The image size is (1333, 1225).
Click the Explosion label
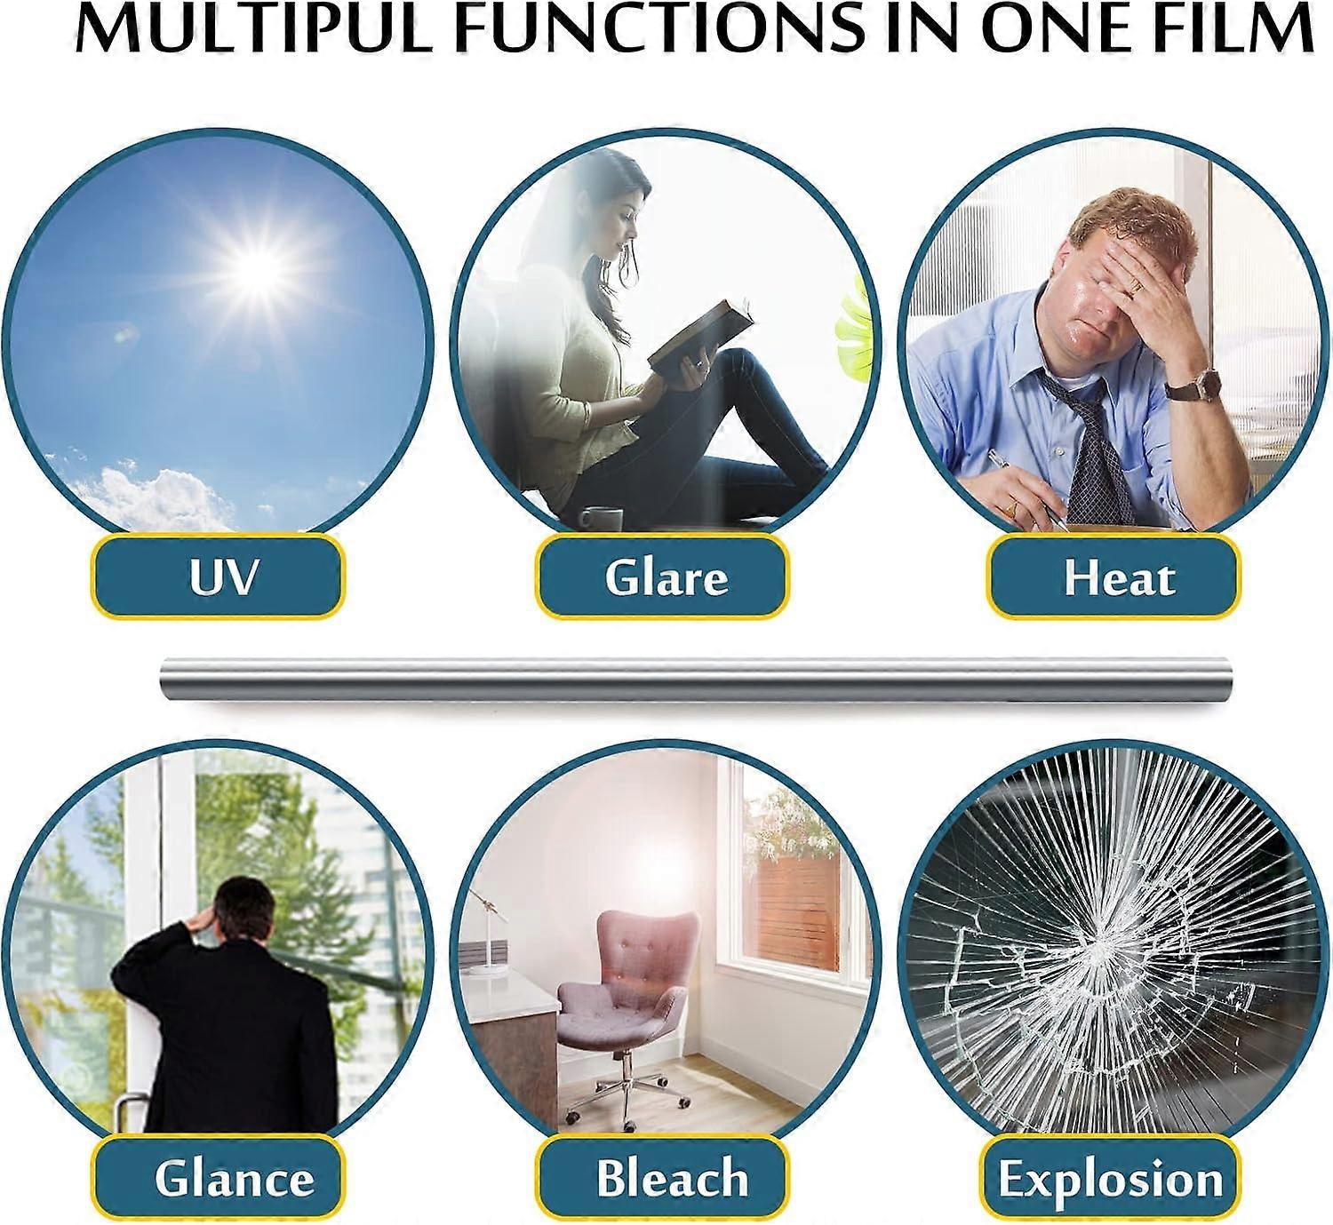pos(1111,1178)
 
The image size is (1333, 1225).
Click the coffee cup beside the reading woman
pos(602,519)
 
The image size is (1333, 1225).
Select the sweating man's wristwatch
pos(1193,386)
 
